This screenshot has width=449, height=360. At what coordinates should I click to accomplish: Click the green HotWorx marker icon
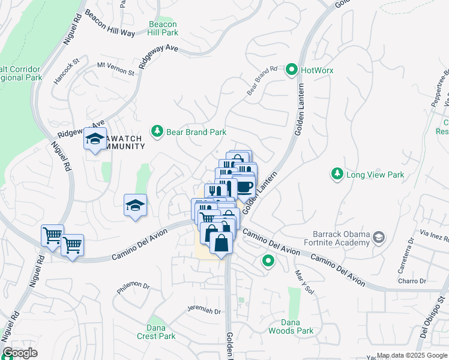click(x=292, y=70)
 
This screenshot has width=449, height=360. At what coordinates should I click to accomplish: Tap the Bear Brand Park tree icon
click(x=157, y=132)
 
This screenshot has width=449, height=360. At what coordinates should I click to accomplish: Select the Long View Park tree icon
click(x=337, y=175)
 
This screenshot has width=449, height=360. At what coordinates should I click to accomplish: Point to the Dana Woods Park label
click(x=298, y=326)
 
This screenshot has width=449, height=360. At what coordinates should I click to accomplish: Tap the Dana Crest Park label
click(x=161, y=332)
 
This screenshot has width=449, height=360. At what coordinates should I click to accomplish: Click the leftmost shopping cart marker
click(x=52, y=235)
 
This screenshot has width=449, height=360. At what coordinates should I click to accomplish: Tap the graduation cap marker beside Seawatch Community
click(x=95, y=139)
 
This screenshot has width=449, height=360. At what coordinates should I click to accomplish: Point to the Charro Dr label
click(x=412, y=281)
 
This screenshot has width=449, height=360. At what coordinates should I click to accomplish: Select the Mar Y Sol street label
click(x=305, y=281)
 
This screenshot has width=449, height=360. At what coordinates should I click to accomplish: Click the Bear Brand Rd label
click(x=262, y=81)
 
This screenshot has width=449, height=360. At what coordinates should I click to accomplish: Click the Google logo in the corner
click(x=20, y=353)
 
